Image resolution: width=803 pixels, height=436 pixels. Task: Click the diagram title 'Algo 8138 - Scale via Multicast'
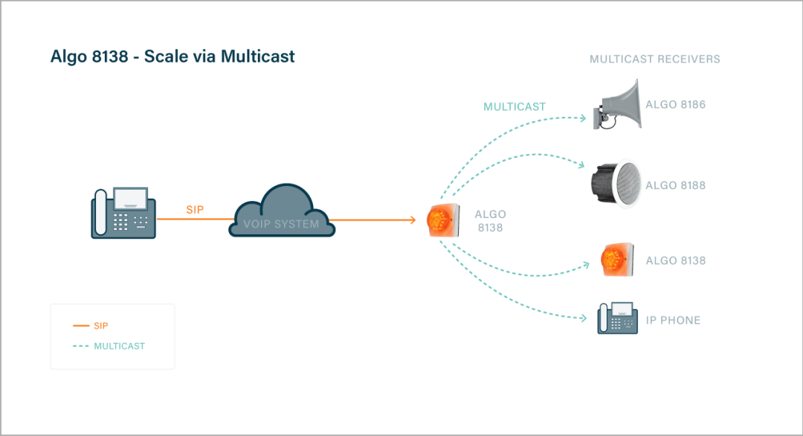click(x=172, y=57)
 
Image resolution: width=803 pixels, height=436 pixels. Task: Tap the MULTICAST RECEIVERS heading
click(x=654, y=59)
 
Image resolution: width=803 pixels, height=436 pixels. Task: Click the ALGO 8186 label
click(x=675, y=105)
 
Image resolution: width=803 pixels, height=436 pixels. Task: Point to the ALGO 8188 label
click(x=675, y=185)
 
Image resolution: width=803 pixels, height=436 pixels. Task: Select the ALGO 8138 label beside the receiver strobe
click(x=675, y=261)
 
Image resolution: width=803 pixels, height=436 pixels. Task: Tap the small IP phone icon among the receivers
click(x=618, y=318)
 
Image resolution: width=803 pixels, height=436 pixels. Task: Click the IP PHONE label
click(x=673, y=321)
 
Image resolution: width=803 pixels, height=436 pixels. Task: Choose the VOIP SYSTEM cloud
click(x=282, y=212)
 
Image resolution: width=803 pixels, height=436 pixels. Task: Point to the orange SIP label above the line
click(x=195, y=211)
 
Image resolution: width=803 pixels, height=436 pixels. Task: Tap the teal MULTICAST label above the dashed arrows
click(x=515, y=107)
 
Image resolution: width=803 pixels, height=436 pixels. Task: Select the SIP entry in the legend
click(x=101, y=326)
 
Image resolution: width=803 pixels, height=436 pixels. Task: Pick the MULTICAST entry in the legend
click(x=119, y=346)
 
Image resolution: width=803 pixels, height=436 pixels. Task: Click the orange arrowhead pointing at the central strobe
click(x=411, y=220)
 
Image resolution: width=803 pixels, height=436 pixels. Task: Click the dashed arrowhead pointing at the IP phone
click(x=584, y=319)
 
